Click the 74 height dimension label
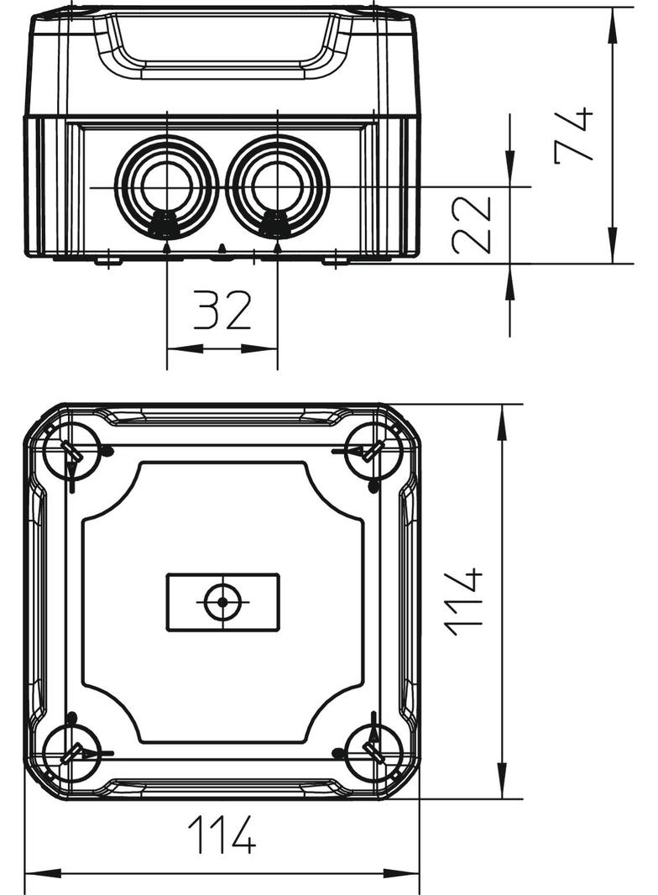click(573, 136)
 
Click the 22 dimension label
click(472, 224)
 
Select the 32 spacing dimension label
click(222, 310)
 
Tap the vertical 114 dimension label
click(464, 602)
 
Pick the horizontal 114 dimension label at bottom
click(222, 835)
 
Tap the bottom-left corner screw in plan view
click(71, 753)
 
